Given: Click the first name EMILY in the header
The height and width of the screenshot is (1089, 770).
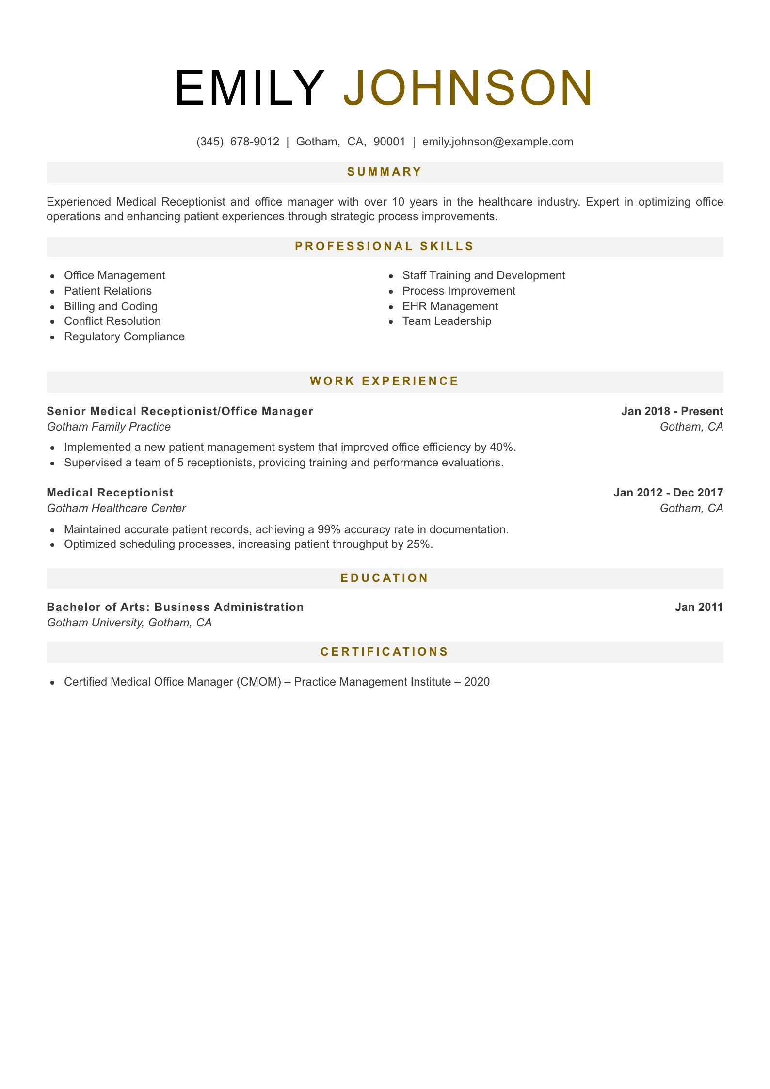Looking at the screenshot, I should (x=249, y=88).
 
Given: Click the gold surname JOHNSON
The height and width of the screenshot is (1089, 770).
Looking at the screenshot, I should (x=468, y=88).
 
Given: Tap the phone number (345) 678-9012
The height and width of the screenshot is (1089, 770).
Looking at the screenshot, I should (x=238, y=142).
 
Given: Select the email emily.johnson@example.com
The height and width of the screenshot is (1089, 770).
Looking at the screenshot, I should (x=497, y=142).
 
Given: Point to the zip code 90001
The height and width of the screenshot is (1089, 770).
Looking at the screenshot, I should (x=389, y=142).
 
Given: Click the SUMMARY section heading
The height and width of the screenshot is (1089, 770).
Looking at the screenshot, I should (x=385, y=172).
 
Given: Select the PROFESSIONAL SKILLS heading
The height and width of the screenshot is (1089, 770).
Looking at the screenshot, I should (x=385, y=246).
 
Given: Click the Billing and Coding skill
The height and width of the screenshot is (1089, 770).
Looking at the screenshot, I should (x=111, y=306).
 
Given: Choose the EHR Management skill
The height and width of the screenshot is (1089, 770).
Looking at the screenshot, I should (x=450, y=306).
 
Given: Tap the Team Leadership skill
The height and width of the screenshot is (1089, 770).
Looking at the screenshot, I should (x=447, y=321).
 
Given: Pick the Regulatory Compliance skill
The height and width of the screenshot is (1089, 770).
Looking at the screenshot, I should (x=124, y=336).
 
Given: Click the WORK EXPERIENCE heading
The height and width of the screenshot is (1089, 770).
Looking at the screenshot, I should (x=385, y=381).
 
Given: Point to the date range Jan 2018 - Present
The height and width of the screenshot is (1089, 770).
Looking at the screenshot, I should (x=672, y=411).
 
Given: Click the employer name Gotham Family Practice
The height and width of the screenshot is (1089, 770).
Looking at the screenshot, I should (x=109, y=427).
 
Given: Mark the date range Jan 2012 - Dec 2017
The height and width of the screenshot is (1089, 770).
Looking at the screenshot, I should (x=668, y=493).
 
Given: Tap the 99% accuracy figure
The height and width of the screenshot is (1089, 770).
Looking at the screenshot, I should (x=329, y=529).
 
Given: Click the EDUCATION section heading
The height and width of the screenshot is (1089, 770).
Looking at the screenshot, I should (x=385, y=578).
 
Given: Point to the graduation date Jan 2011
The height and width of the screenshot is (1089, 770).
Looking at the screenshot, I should (x=699, y=607).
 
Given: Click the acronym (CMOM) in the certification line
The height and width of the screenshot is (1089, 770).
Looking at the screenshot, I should (x=259, y=682).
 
